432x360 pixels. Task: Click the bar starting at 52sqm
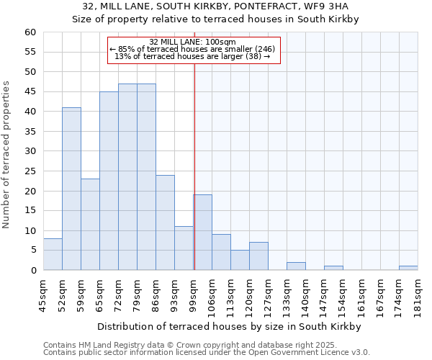[x=71, y=189]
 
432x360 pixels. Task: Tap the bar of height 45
[x=109, y=181]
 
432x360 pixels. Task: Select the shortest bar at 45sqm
[x=53, y=254]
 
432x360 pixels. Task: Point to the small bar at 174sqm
[x=408, y=268]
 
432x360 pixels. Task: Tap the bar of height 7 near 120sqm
[x=258, y=256]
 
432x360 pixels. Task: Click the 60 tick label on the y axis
[x=30, y=32]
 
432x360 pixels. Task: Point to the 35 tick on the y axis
[x=30, y=132]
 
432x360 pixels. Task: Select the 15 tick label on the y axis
[x=30, y=211]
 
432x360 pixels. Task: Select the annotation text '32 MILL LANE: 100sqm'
[x=192, y=42]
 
